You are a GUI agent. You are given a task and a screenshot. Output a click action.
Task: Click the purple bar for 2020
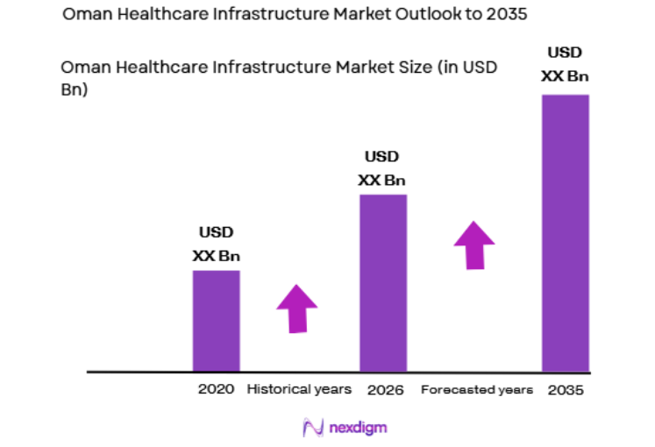coord(216,320)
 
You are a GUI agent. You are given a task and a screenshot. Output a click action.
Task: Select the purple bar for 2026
coord(383,282)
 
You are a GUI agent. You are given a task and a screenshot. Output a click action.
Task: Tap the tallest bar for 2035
coord(565,232)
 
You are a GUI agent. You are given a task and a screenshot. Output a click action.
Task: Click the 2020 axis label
coord(217,389)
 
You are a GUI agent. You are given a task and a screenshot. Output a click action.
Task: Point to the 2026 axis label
coord(385,389)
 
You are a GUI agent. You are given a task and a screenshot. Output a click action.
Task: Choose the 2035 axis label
coord(566,389)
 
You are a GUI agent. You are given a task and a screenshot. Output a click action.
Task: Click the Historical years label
coord(299,389)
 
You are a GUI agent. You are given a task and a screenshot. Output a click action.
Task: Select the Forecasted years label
coord(476,389)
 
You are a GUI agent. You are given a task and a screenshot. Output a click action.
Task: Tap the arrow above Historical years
coord(296,309)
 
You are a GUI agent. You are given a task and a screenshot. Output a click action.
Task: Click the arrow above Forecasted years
coord(473,245)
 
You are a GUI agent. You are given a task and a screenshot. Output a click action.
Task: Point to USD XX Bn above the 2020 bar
coord(216,245)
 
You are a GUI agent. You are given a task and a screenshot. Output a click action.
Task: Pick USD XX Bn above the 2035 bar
coord(565,63)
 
